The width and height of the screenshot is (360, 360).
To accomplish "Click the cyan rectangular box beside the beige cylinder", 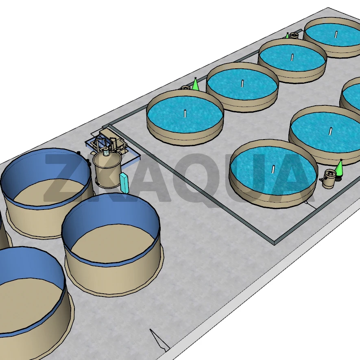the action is (124, 183).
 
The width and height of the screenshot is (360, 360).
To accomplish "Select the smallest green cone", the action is (287, 35).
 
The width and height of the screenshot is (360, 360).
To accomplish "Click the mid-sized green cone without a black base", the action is (195, 84).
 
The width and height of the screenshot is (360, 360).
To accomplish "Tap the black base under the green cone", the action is (338, 177).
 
